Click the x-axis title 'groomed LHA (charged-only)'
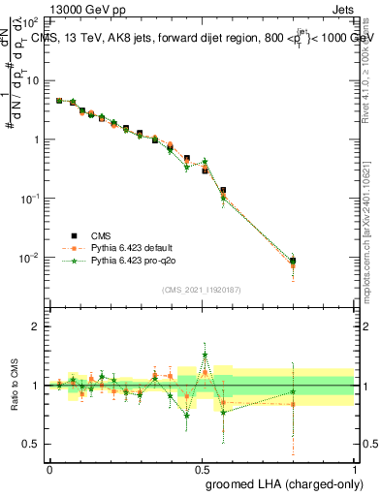280,482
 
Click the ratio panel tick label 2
36,326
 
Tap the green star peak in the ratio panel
205,355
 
